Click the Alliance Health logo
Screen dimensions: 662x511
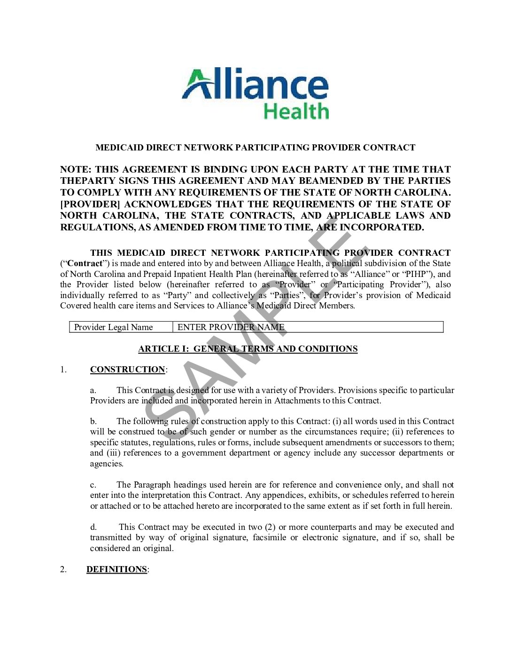pyautogui.click(x=255, y=94)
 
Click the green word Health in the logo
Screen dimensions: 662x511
pyautogui.click(x=296, y=111)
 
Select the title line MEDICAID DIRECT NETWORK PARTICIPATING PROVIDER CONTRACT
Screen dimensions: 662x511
pyautogui.click(x=255, y=148)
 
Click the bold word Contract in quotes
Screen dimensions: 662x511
pyautogui.click(x=85, y=263)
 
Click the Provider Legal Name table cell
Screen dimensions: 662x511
pyautogui.click(x=113, y=327)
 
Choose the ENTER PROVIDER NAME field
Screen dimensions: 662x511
pyautogui.click(x=231, y=327)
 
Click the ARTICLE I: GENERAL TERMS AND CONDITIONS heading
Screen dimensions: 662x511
pyautogui.click(x=248, y=349)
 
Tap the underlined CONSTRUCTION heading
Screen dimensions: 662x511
pyautogui.click(x=127, y=370)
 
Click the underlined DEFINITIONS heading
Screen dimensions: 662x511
pyautogui.click(x=116, y=569)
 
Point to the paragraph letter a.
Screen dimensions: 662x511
pyautogui.click(x=93, y=390)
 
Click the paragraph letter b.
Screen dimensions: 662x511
pyautogui.click(x=93, y=421)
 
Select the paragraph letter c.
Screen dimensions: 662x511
pyautogui.click(x=93, y=485)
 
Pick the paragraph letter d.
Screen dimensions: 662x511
pyautogui.click(x=93, y=527)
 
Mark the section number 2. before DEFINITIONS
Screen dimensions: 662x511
pyautogui.click(x=63, y=569)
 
